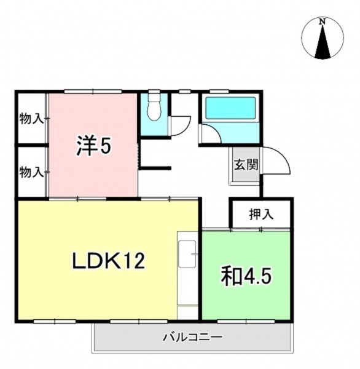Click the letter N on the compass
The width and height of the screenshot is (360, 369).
[x=323, y=22]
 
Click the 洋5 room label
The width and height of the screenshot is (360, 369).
[x=93, y=146]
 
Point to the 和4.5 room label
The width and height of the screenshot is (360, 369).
[x=246, y=276]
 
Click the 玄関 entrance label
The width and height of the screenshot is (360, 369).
[x=246, y=164]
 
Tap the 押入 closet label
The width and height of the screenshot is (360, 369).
[x=261, y=215]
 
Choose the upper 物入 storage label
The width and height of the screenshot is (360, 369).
[x=31, y=118]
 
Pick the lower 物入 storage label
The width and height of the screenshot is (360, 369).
[x=31, y=172]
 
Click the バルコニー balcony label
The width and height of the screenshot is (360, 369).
[x=193, y=337]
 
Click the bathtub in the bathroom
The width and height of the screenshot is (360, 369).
[x=230, y=108]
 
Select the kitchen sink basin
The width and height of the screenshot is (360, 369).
[x=187, y=254]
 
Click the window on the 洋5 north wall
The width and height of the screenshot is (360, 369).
[x=93, y=91]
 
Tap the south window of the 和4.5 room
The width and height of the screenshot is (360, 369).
[x=246, y=321]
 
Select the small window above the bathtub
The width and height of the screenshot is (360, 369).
[x=219, y=91]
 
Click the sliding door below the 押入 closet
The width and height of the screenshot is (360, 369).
[x=246, y=229]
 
